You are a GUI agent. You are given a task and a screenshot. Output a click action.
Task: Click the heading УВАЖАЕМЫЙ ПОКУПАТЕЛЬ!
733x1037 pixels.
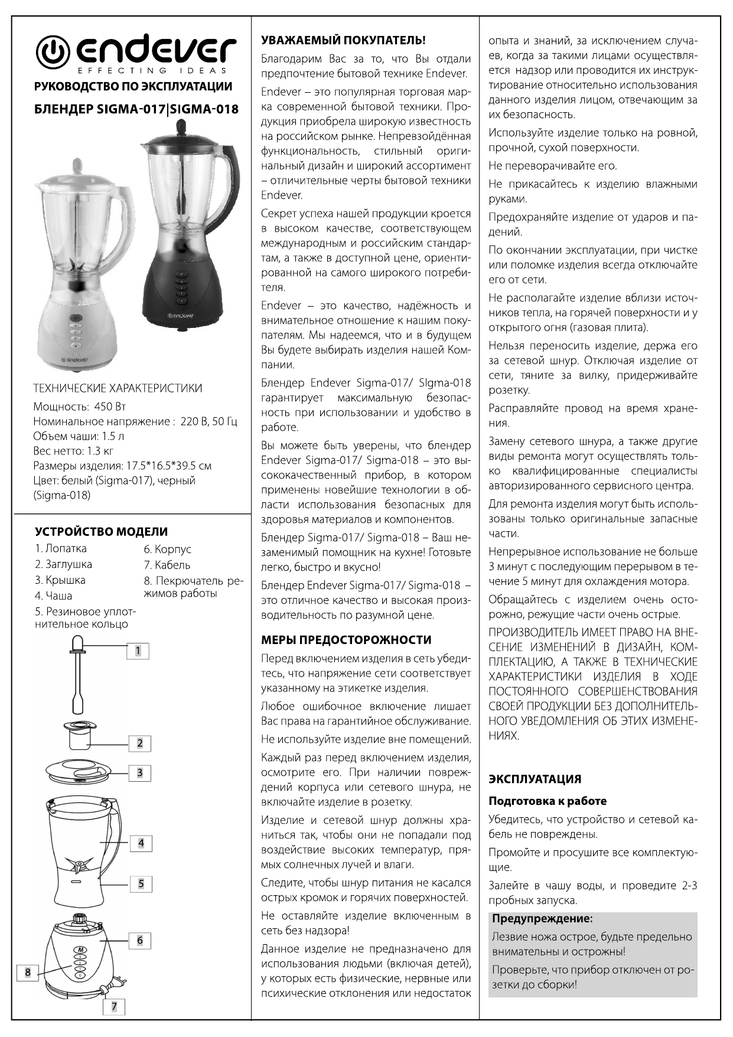click(x=343, y=41)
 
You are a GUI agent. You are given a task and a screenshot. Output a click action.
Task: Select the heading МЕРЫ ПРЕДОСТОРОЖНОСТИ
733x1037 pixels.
click(x=346, y=640)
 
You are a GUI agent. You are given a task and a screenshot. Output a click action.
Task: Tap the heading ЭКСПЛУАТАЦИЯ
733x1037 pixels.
click(x=535, y=779)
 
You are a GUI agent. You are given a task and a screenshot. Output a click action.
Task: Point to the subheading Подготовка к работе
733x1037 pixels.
click(x=547, y=801)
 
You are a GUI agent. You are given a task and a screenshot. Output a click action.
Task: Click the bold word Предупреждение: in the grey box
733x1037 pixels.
click(x=542, y=919)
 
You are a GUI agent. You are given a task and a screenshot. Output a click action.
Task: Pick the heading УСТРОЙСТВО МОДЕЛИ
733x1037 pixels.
click(x=101, y=531)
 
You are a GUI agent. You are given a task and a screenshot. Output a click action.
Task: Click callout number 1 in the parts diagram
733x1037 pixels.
click(x=138, y=651)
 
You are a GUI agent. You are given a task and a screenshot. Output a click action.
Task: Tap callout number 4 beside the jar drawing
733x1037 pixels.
click(x=141, y=843)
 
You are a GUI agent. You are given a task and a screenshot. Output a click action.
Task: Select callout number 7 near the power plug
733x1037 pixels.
click(x=114, y=1007)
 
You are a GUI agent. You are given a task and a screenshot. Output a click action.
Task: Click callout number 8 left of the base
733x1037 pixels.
click(x=28, y=972)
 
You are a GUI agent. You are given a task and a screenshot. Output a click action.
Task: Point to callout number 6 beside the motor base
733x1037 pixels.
click(x=140, y=940)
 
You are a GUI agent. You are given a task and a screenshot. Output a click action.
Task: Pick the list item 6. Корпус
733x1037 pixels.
click(x=167, y=550)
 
